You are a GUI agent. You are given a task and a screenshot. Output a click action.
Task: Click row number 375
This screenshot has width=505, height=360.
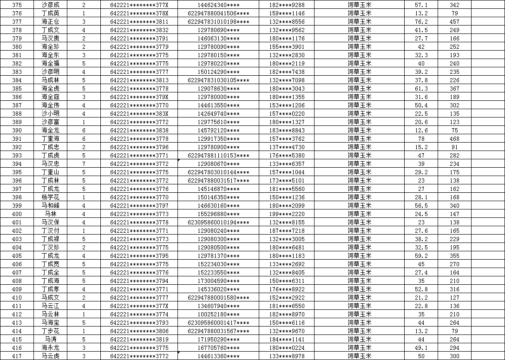(x=17, y=5)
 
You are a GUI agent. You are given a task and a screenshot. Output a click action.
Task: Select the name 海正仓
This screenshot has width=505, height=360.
(x=50, y=22)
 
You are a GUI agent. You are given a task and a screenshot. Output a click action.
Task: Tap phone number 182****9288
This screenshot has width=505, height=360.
(x=287, y=5)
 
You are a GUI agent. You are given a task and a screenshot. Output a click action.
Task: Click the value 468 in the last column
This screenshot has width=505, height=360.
(x=454, y=139)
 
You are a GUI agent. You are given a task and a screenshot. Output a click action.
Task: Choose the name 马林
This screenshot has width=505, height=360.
(x=50, y=214)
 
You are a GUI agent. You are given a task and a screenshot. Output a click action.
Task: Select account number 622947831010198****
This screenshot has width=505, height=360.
(x=218, y=22)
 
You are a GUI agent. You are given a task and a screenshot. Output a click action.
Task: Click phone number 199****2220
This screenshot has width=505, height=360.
(x=287, y=214)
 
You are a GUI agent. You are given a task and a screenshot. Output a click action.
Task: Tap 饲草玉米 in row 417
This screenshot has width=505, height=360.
(x=360, y=356)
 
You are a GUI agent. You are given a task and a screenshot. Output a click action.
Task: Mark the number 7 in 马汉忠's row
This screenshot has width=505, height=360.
(x=84, y=164)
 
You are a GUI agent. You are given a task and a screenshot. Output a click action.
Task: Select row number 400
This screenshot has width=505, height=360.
(x=17, y=214)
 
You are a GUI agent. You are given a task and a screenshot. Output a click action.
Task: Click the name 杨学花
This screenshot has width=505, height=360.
(x=50, y=197)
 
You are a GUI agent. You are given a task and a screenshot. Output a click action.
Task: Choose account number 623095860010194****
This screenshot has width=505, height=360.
(x=218, y=223)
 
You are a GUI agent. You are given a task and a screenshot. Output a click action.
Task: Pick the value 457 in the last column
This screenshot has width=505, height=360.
(x=454, y=22)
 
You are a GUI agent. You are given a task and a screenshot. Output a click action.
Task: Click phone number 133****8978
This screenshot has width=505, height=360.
(x=287, y=356)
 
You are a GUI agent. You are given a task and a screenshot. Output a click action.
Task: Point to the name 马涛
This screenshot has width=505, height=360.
(x=50, y=340)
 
